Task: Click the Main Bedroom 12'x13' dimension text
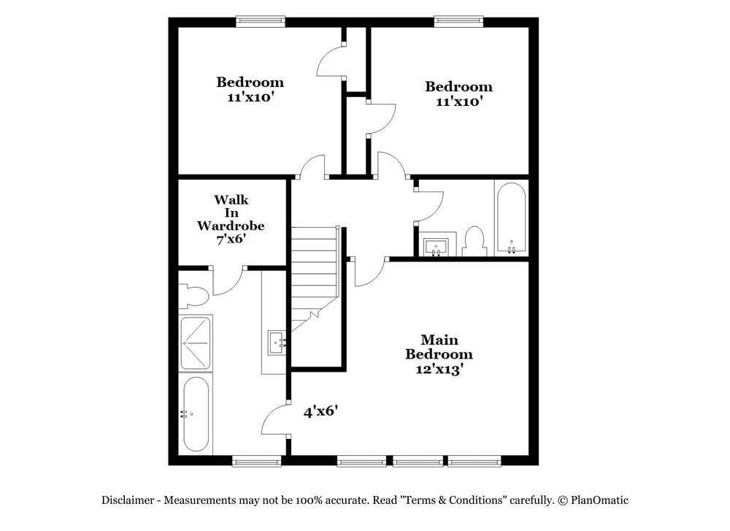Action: [x=439, y=369]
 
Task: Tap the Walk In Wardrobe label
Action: [x=231, y=219]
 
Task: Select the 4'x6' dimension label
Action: [x=320, y=412]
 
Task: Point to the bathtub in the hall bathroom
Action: [x=510, y=218]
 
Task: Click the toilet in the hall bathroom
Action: [x=474, y=242]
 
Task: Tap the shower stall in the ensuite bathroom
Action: [x=196, y=342]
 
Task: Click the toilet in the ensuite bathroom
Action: [x=193, y=295]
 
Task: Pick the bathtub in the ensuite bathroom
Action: [x=196, y=413]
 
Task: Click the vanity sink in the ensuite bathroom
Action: [x=277, y=340]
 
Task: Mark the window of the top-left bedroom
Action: [x=260, y=21]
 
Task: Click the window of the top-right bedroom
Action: [x=458, y=21]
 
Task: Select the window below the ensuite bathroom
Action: [x=256, y=461]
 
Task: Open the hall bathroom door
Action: [x=429, y=205]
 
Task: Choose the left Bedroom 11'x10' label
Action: [x=250, y=89]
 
